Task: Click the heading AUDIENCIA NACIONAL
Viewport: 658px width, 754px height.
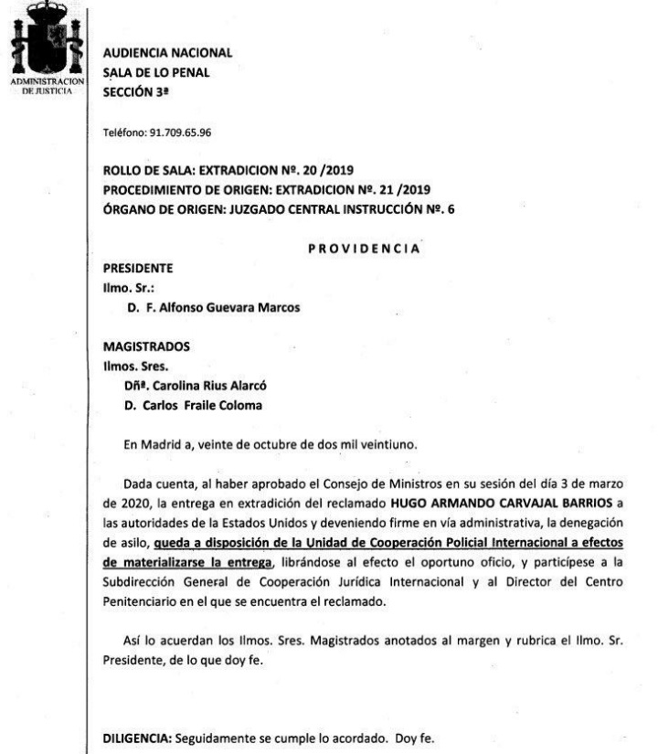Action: click(169, 54)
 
